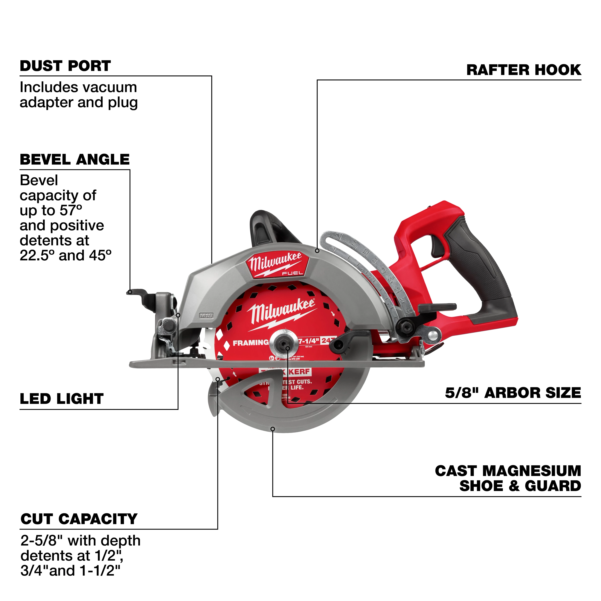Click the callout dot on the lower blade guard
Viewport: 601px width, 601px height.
pyautogui.click(x=273, y=429)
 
